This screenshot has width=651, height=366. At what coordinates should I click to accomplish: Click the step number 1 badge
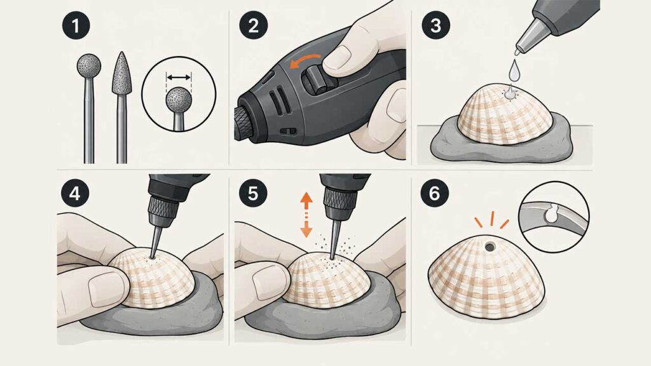[x=76, y=25]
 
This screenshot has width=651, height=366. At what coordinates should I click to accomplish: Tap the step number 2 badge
[x=253, y=25]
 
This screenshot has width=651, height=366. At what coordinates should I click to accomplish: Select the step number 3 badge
[x=435, y=25]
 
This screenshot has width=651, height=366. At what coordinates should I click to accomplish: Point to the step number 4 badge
[x=75, y=193]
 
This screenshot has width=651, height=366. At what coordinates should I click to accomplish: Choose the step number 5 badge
[x=253, y=193]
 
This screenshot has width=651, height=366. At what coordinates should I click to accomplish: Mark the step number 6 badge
[x=434, y=193]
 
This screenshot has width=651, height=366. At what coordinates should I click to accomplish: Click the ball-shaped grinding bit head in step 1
[x=89, y=65]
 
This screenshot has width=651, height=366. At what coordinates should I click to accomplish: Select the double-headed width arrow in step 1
[x=179, y=77]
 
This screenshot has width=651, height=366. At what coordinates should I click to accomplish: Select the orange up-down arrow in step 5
[x=306, y=215]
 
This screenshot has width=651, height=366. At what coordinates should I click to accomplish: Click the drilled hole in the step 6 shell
[x=490, y=247]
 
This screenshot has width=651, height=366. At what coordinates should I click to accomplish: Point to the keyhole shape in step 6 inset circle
[x=551, y=215]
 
